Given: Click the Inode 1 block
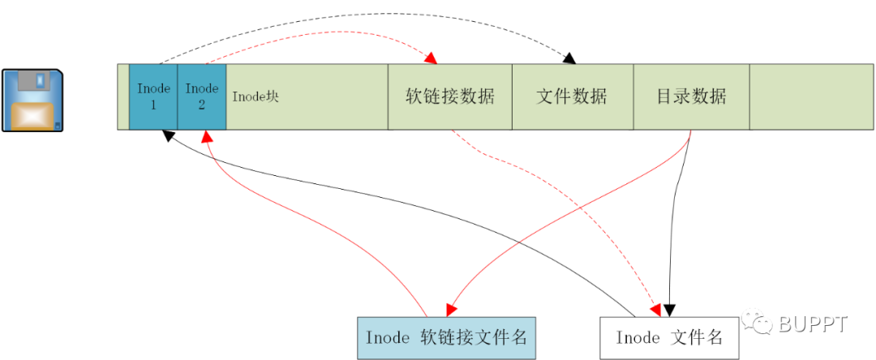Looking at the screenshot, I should click(152, 96).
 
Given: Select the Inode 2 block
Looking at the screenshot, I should click(201, 96).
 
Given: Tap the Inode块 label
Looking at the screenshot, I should click(255, 96).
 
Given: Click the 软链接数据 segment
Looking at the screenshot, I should click(450, 96).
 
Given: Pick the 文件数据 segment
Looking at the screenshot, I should click(572, 96).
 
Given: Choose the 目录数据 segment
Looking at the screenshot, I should click(691, 96).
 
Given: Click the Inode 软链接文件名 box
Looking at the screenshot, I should click(447, 337).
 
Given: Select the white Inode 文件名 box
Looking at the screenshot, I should click(668, 337).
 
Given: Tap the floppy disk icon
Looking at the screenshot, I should click(32, 101).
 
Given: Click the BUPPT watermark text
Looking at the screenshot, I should click(813, 324).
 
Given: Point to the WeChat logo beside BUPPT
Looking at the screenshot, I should click(762, 324).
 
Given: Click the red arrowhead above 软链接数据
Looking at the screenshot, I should click(431, 58).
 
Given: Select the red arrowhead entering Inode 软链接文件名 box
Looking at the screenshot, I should click(449, 311).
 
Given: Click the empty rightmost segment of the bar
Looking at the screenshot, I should click(811, 96).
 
